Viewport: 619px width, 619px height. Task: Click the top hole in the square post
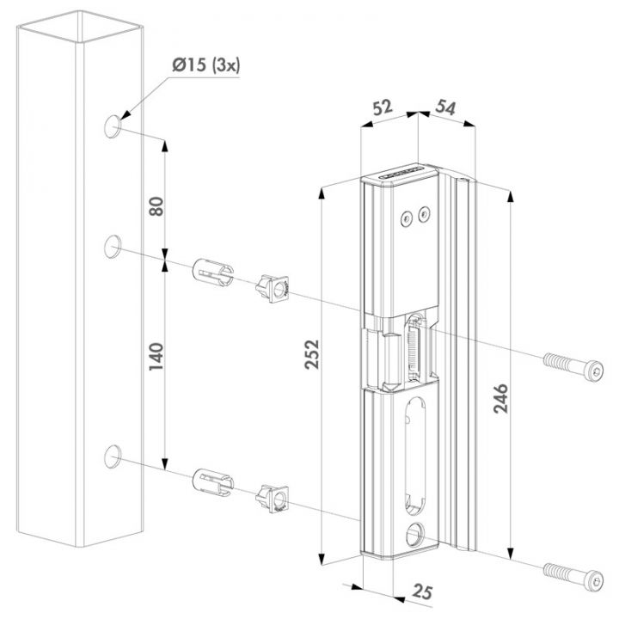pos(113,127)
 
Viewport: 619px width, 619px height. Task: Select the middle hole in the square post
pos(113,249)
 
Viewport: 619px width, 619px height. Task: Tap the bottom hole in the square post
pos(113,457)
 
